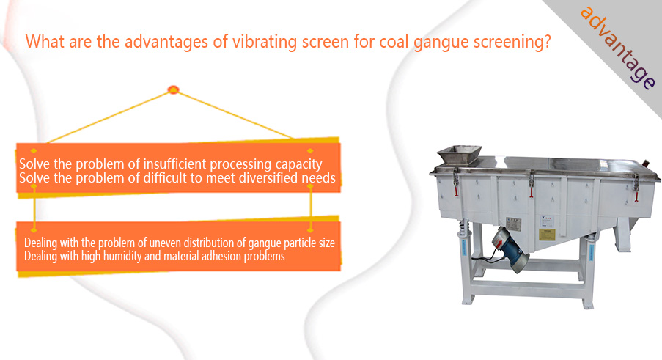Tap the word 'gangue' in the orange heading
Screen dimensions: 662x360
pyautogui.click(x=441, y=43)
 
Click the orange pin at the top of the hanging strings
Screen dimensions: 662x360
pyautogui.click(x=173, y=89)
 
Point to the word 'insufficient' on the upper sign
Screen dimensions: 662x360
pyautogui.click(x=174, y=164)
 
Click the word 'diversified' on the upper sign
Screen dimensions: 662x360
pyautogui.click(x=268, y=177)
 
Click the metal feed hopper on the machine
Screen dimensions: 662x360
pyautogui.click(x=459, y=155)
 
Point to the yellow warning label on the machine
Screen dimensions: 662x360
pyautogui.click(x=547, y=235)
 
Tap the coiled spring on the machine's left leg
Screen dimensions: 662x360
pyautogui.click(x=463, y=227)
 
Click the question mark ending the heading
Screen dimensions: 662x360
pyautogui.click(x=547, y=41)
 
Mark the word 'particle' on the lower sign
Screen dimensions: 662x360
pyautogui.click(x=298, y=243)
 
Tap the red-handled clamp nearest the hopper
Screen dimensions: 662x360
pyautogui.click(x=455, y=182)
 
